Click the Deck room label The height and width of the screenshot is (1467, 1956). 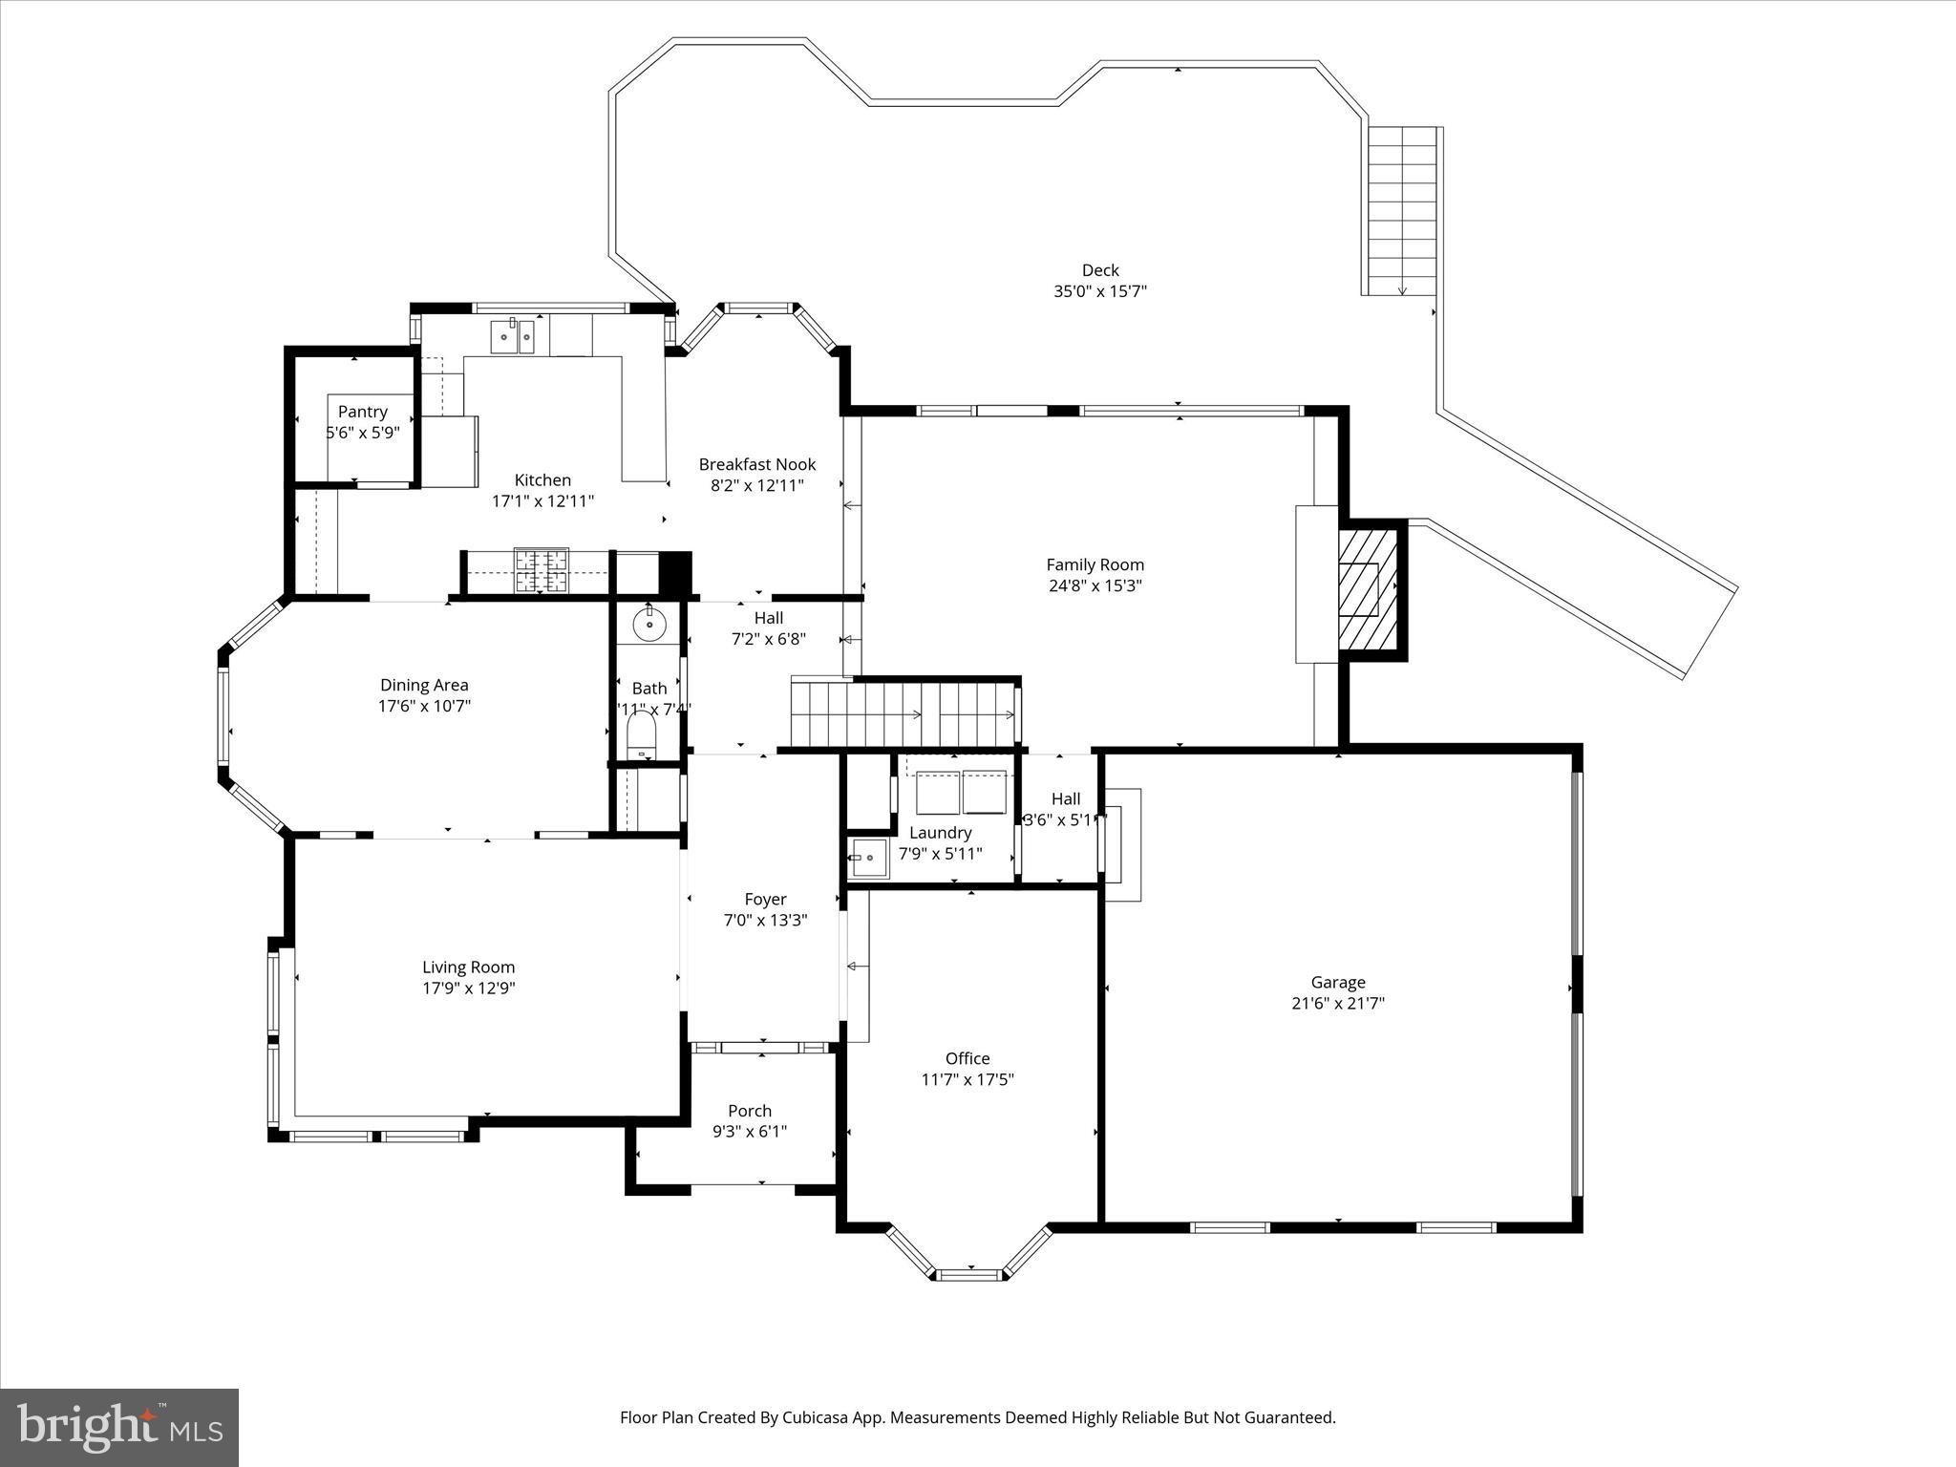click(x=1100, y=270)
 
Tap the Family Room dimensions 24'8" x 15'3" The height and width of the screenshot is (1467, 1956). click(x=1095, y=586)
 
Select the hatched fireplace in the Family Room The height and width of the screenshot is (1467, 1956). click(x=1367, y=589)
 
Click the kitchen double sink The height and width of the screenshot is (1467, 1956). click(x=513, y=337)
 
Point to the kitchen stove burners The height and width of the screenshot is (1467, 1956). click(x=542, y=571)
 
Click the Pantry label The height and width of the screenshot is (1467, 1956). click(x=362, y=412)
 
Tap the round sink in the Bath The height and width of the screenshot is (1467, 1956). click(x=649, y=625)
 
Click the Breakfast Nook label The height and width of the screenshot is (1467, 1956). click(x=757, y=464)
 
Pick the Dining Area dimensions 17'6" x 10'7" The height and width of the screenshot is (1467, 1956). click(x=424, y=706)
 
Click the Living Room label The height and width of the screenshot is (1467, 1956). click(x=468, y=967)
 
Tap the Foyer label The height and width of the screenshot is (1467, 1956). click(x=765, y=899)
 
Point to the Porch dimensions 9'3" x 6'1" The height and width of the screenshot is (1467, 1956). click(x=750, y=1132)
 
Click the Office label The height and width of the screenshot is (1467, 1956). click(x=967, y=1058)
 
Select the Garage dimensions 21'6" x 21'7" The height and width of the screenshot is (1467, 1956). click(x=1337, y=1003)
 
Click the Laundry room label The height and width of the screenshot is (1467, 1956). click(x=940, y=833)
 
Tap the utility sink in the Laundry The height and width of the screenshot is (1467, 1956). click(x=867, y=858)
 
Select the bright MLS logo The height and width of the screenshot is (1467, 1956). click(x=119, y=1427)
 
